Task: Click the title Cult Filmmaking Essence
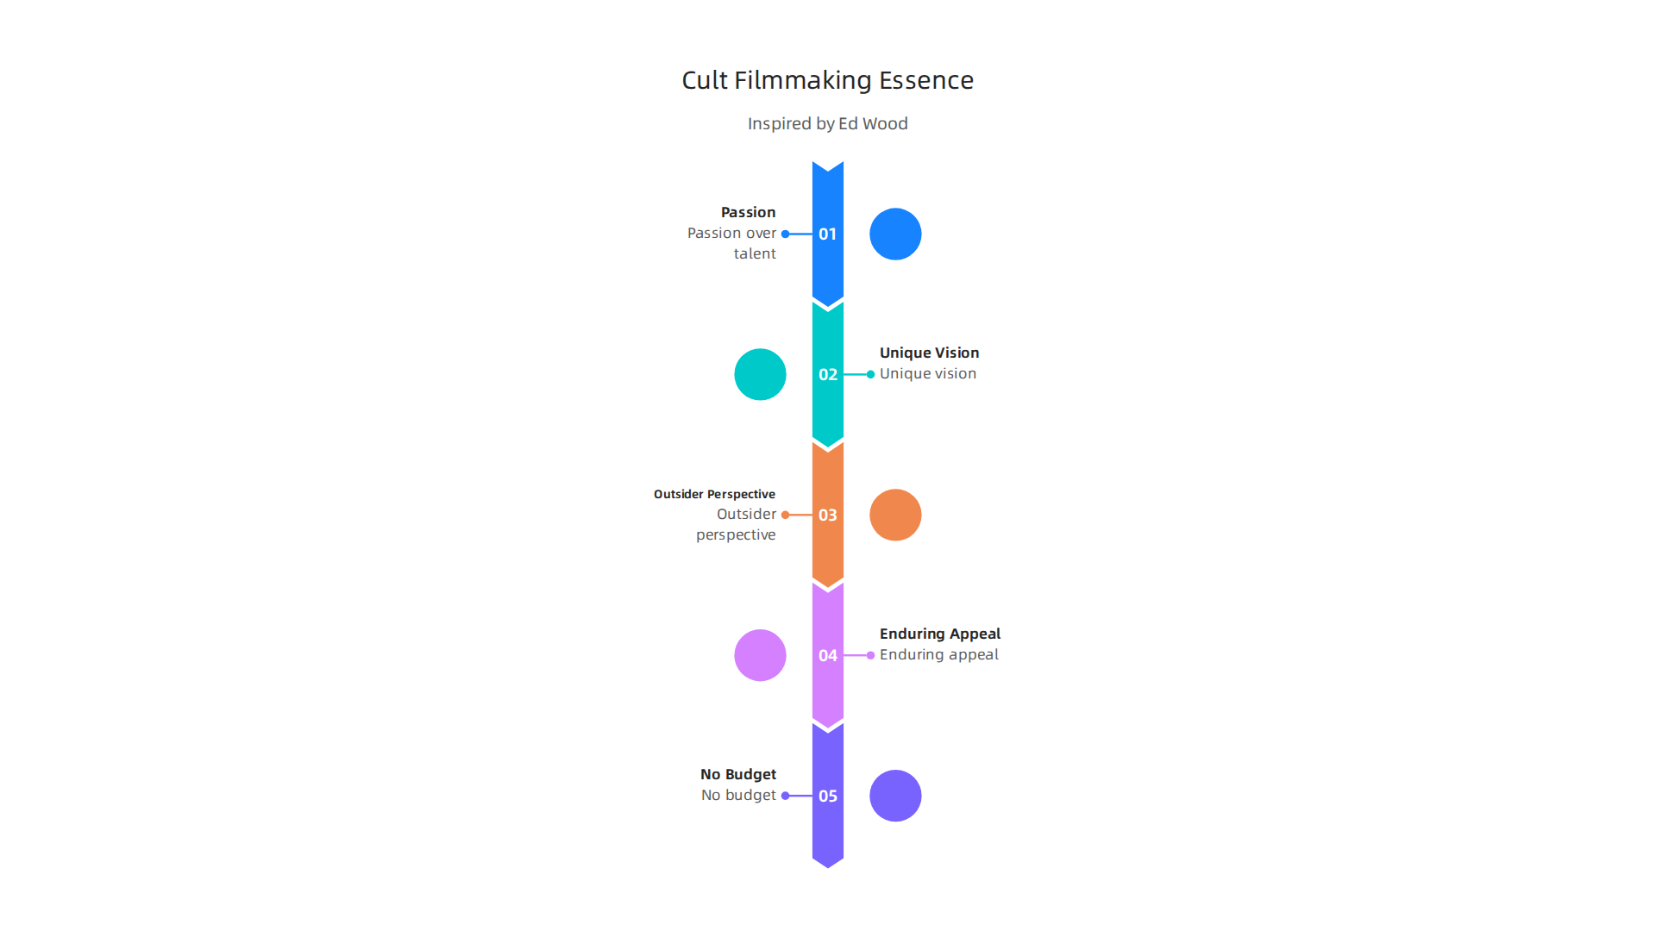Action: click(827, 80)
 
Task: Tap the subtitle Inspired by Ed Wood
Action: click(827, 123)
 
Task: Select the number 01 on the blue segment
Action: click(827, 234)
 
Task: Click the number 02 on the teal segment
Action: click(827, 374)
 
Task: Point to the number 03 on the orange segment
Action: click(827, 515)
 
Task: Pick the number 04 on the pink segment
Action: click(827, 655)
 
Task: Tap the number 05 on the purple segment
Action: click(827, 796)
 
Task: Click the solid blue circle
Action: click(895, 234)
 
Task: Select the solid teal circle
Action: click(760, 374)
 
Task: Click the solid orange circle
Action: click(895, 515)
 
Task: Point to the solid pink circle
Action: click(760, 655)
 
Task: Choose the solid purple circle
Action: click(895, 796)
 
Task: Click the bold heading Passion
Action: click(748, 212)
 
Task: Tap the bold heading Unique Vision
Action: click(929, 353)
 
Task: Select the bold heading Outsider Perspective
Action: click(714, 494)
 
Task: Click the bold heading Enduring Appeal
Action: click(940, 634)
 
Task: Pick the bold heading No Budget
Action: click(737, 774)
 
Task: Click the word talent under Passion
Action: click(755, 253)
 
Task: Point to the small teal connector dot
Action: click(870, 374)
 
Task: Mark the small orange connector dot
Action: click(785, 515)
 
